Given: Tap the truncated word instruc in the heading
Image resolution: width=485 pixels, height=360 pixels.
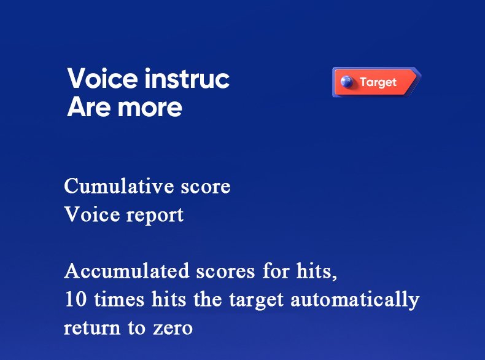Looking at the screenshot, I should pos(187,79).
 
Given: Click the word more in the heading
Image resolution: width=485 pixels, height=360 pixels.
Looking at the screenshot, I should pos(151,108).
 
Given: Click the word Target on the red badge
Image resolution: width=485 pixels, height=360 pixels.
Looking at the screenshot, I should pos(378,82).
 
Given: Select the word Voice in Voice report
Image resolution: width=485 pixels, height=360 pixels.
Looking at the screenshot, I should pos(87,215).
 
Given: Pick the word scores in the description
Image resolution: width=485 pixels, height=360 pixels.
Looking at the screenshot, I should pos(206,271).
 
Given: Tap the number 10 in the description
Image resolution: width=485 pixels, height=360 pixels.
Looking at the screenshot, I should pos(74,300).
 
